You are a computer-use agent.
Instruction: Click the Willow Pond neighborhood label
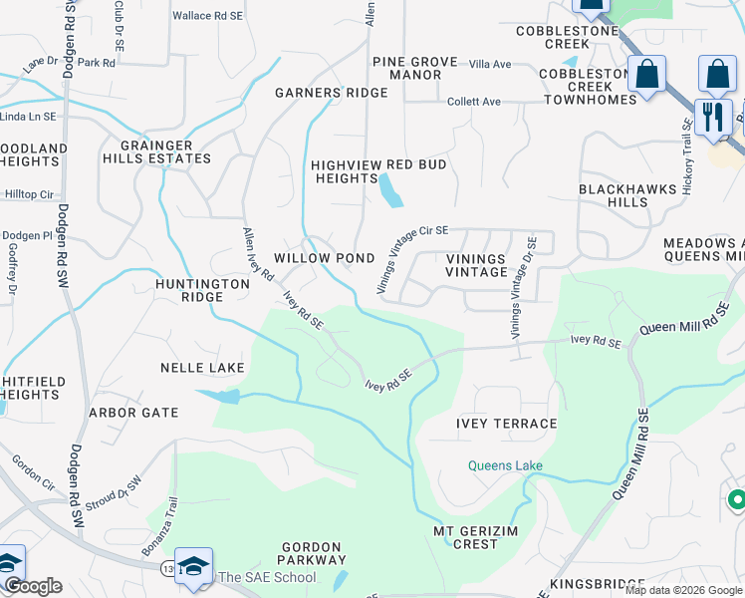(324, 258)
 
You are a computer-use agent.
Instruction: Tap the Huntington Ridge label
(203, 290)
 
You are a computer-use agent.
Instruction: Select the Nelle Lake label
(202, 368)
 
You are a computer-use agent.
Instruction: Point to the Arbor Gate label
(133, 413)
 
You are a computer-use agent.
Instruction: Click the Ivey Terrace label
(506, 424)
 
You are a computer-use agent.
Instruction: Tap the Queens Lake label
(506, 465)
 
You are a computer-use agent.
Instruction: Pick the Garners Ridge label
(331, 93)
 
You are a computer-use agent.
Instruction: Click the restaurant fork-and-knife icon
(713, 118)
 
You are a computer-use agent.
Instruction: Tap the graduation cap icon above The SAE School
(193, 566)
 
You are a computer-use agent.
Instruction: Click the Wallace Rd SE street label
(207, 16)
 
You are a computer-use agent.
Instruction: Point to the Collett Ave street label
(473, 102)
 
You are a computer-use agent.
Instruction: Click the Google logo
(33, 586)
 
